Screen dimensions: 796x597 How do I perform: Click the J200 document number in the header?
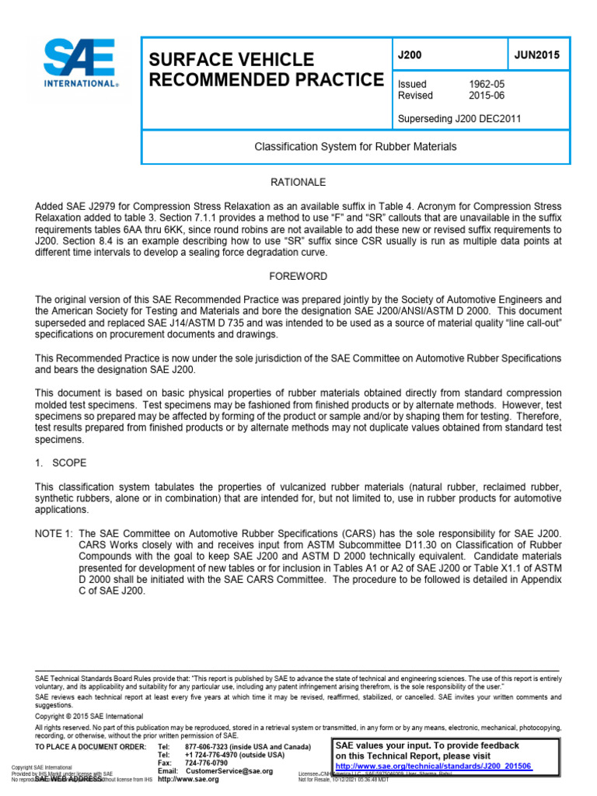(409, 56)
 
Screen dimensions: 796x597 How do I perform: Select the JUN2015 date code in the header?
(536, 56)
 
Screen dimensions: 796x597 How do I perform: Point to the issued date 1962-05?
(485, 84)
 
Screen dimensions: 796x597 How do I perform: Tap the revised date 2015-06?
(485, 96)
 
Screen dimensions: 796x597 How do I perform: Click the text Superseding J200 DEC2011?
(459, 119)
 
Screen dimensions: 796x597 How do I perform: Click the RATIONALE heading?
(298, 182)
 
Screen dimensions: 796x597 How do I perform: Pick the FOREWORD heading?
(298, 276)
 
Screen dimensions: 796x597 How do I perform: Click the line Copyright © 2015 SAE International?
(89, 716)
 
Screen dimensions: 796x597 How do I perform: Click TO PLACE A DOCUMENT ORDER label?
(91, 746)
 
